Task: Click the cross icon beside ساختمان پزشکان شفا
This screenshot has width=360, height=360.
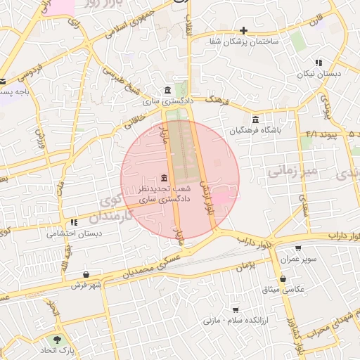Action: [x=243, y=30]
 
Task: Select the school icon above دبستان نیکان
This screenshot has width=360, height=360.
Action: [x=319, y=63]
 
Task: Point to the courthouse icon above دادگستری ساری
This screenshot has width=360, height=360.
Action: [x=167, y=91]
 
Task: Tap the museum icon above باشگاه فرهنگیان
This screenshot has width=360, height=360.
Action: [x=255, y=119]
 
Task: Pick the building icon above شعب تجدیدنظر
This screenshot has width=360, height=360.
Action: [x=164, y=176]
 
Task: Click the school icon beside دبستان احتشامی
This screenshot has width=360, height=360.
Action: [x=74, y=223]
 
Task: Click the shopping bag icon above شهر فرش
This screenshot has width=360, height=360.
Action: [x=86, y=274]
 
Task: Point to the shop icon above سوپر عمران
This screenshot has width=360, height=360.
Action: [x=298, y=247]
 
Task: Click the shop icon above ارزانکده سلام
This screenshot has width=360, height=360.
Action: [x=236, y=309]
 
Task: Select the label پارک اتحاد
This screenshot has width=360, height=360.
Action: [x=56, y=349]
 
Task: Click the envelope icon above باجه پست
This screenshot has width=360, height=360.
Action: [x=3, y=82]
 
